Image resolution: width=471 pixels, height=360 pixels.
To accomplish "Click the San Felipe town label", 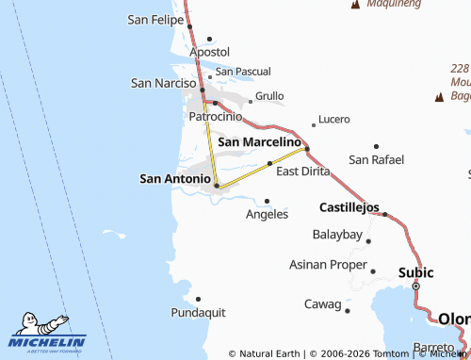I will pos(155,19).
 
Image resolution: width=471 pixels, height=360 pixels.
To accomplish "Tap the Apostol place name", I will pos(209,52).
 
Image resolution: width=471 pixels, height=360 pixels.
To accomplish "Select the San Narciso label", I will pos(162,83).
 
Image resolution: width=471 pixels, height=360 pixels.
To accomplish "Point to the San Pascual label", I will pos(243,72).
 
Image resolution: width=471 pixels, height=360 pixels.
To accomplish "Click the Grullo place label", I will pos(269,96).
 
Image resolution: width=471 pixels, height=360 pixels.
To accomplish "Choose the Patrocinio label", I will pos(216,116).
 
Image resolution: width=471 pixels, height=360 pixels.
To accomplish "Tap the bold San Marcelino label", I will pos(259,141).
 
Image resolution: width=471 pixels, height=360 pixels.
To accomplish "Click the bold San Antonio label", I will pos(175,177).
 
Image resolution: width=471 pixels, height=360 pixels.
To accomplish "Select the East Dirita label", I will pos(303,172).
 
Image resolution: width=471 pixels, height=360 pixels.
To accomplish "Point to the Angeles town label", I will pos(267,214).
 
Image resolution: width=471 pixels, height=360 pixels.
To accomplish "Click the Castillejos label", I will pos(349,206).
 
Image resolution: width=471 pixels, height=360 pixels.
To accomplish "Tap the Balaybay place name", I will pos(337,234).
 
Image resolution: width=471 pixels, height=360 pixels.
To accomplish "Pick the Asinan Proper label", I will pos(327,264).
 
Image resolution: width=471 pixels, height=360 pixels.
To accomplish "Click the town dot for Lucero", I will pos(314,125).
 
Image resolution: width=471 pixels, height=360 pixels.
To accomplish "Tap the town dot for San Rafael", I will pos(376,146).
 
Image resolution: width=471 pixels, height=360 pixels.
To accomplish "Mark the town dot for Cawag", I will pos(348,310).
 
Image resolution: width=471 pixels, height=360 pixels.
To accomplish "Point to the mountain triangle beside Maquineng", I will pos(355,6).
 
